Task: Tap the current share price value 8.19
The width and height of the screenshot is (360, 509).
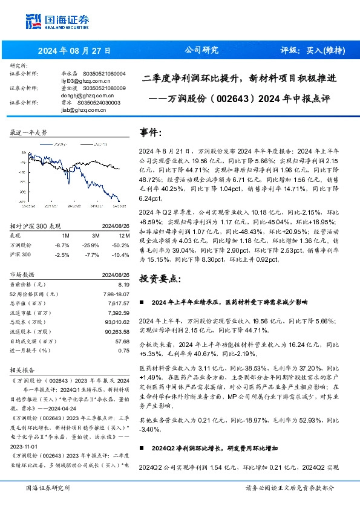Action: [124, 284]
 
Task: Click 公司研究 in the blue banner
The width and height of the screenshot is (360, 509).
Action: [201, 50]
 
